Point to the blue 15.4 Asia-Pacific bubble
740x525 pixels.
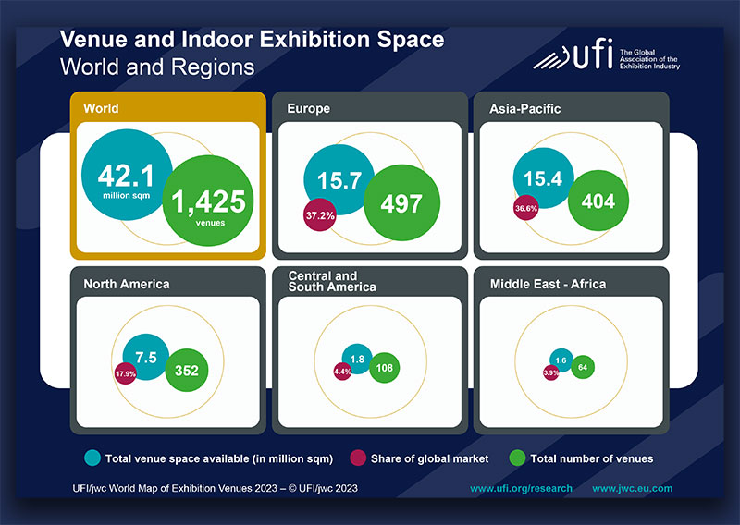point(544,179)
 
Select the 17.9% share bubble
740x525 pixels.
point(127,374)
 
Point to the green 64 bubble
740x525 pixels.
point(583,367)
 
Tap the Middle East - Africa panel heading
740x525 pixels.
point(548,284)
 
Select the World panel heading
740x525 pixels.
point(101,109)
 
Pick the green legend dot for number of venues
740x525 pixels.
point(517,458)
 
